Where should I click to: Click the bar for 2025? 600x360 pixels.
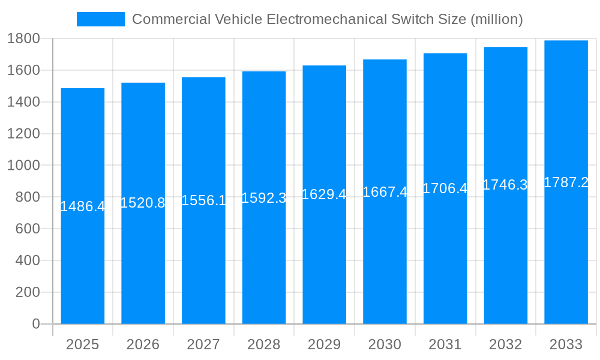[83, 264]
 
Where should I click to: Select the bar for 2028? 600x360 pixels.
[264, 264]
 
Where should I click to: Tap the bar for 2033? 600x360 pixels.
[566, 264]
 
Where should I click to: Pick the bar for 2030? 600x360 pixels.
[385, 264]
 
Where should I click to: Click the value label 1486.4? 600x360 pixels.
[83, 206]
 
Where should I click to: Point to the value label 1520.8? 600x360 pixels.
[143, 203]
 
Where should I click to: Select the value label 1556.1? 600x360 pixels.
[203, 200]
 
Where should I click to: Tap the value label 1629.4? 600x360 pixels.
[324, 194]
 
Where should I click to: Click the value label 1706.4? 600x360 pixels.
[445, 188]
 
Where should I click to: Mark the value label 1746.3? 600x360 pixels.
[505, 185]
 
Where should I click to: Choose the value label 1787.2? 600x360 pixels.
[566, 182]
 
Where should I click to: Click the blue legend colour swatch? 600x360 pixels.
[101, 19]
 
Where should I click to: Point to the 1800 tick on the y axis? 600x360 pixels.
[23, 38]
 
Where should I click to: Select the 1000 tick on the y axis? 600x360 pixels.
[23, 166]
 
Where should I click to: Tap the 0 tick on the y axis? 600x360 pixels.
[35, 324]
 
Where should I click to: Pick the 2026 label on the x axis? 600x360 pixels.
[143, 344]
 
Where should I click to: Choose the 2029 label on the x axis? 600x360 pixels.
[324, 344]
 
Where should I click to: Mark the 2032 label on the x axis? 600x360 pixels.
[505, 344]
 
